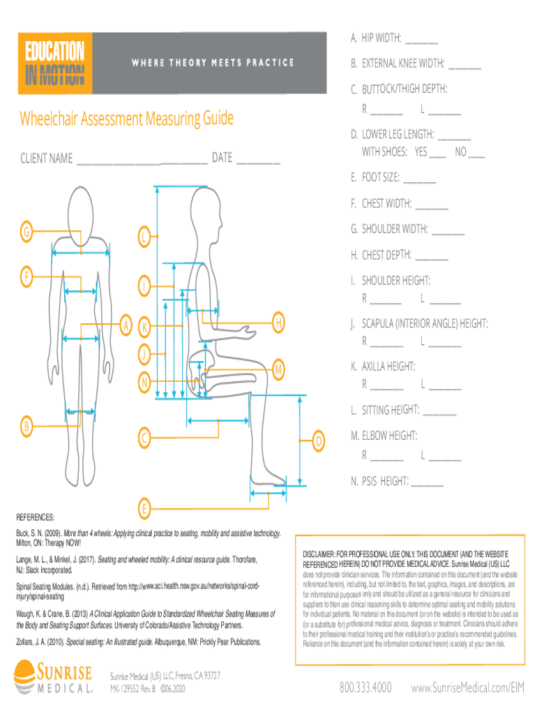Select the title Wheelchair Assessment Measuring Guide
point(126,118)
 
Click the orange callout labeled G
point(26,233)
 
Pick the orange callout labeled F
point(26,277)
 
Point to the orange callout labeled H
point(278,322)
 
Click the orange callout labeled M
point(278,368)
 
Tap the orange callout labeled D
point(318,441)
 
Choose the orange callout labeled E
point(144,508)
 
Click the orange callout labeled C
point(143,439)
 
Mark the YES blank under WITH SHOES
point(437,153)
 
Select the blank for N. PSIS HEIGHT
point(427,482)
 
